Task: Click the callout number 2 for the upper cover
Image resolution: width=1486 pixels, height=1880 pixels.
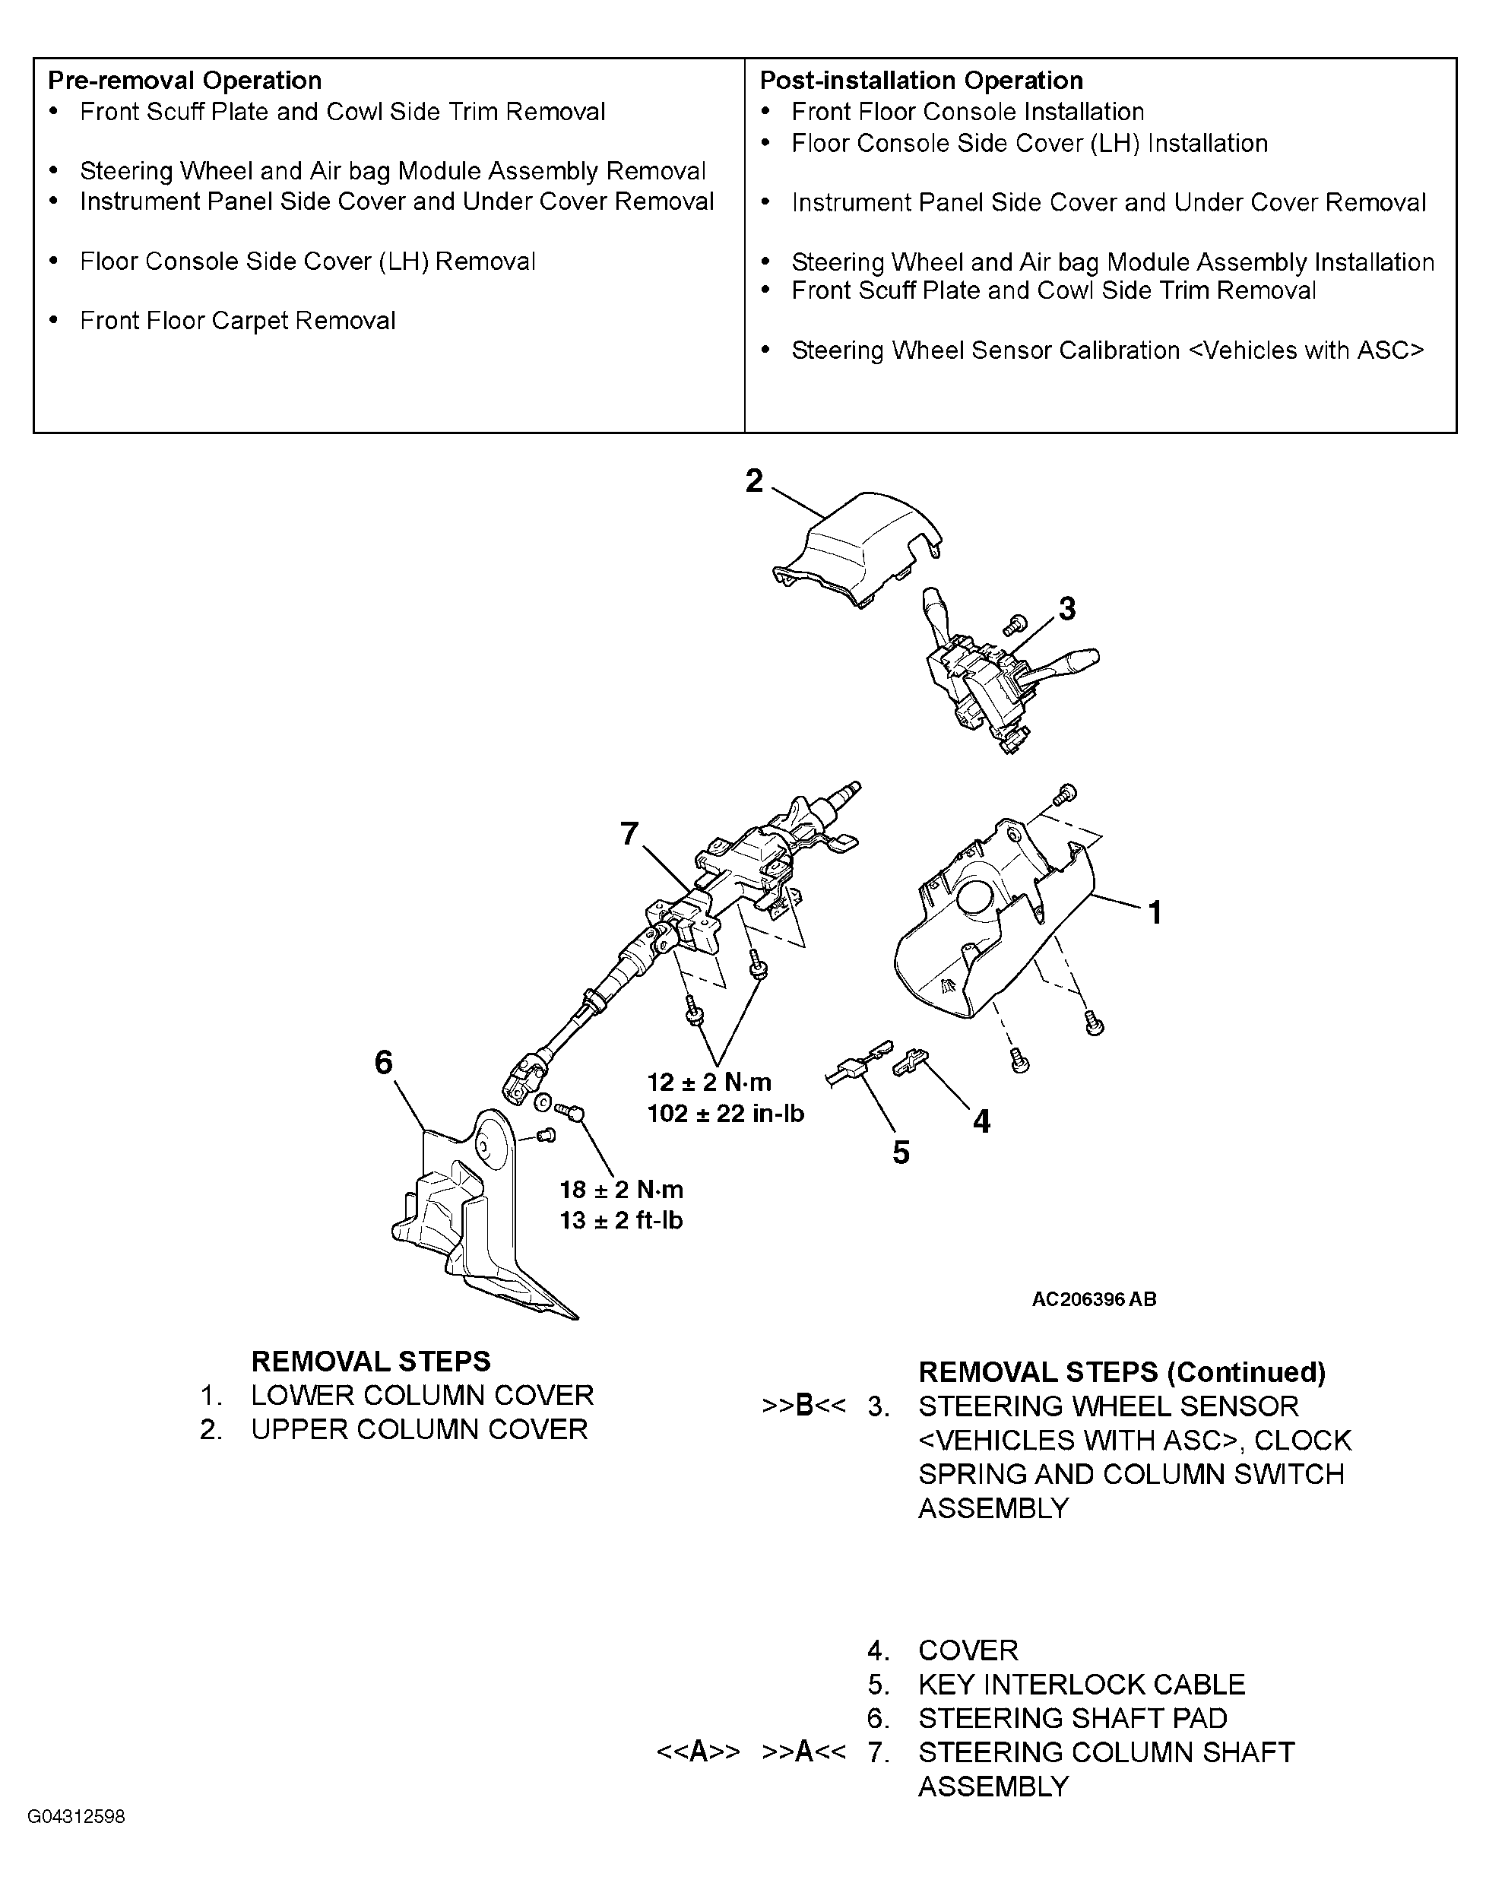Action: click(753, 481)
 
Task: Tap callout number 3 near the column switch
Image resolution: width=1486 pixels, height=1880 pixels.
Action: click(1066, 608)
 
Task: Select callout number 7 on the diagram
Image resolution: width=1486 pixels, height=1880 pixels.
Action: click(630, 833)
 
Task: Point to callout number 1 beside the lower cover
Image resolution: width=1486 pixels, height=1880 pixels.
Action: click(1155, 912)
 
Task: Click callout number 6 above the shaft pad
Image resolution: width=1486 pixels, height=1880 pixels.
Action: click(384, 1062)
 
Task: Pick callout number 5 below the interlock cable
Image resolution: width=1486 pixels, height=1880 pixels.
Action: click(901, 1152)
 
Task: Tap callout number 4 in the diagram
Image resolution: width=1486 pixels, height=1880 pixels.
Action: click(981, 1121)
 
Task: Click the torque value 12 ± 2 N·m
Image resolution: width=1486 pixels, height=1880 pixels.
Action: click(709, 1083)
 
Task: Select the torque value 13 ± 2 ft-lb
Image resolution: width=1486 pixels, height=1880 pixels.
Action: click(621, 1221)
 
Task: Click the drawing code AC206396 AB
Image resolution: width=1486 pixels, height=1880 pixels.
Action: click(1094, 1300)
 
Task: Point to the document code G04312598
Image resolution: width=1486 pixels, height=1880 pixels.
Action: click(77, 1816)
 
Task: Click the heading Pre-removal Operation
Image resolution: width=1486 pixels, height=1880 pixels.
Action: click(185, 81)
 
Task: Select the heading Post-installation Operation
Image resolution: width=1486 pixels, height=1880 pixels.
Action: click(921, 81)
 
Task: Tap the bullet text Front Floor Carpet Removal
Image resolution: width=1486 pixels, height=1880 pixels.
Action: click(237, 321)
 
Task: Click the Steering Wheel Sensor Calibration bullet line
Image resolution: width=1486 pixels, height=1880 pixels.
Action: click(1107, 350)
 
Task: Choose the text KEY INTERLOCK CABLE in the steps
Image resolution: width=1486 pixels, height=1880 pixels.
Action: click(1082, 1685)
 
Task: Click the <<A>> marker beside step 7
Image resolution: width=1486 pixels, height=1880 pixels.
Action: click(698, 1752)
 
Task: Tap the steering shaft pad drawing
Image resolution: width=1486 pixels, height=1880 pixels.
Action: click(474, 1218)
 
